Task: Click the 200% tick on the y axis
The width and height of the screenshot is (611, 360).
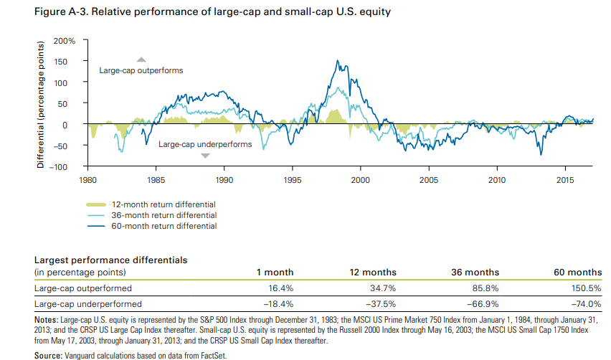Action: [x=66, y=41]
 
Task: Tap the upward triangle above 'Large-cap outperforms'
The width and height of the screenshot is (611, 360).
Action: [x=141, y=60]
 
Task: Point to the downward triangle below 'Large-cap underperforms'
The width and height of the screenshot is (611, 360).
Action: [x=205, y=155]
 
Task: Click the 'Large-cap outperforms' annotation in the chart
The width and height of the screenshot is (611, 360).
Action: [x=141, y=70]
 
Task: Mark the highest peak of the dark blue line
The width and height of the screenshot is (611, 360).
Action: [x=337, y=61]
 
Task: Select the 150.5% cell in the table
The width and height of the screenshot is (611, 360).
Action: [x=587, y=288]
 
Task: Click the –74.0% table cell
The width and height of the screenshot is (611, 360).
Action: [x=587, y=304]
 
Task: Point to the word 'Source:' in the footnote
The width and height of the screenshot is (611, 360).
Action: [x=51, y=355]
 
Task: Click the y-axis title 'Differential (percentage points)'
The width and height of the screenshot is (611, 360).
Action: [x=41, y=105]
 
